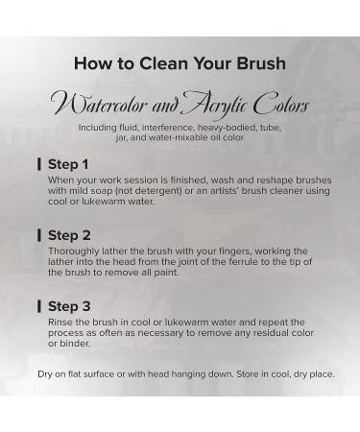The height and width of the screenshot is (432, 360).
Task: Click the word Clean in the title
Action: point(164,63)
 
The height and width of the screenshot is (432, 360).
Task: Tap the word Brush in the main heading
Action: point(261,63)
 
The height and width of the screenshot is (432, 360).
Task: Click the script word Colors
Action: point(281,104)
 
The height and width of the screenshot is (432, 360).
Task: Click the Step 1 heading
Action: point(68,164)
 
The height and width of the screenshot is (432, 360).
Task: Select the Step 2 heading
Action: point(69,235)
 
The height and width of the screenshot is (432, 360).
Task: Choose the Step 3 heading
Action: point(69,306)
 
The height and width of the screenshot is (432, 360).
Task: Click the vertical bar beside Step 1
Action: point(39,164)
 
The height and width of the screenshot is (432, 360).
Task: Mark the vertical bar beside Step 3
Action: point(39,306)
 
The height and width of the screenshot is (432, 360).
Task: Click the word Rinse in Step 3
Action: point(59,323)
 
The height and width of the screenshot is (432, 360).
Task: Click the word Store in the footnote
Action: point(248,374)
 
